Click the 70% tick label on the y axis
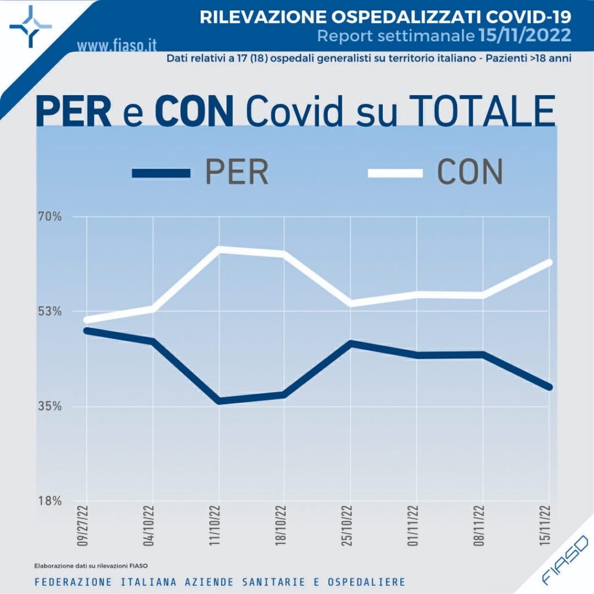[x=50, y=218]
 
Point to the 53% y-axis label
[x=50, y=312]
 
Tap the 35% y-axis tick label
[x=50, y=406]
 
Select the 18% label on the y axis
[x=50, y=501]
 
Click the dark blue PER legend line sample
[x=161, y=173]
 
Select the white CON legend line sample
[x=395, y=173]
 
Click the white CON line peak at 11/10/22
[x=219, y=249]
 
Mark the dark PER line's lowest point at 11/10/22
[x=219, y=401]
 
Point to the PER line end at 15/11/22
[x=549, y=387]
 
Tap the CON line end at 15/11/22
[x=549, y=262]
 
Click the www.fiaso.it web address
[x=117, y=44]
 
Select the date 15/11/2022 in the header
[x=525, y=36]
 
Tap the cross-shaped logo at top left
[x=31, y=26]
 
